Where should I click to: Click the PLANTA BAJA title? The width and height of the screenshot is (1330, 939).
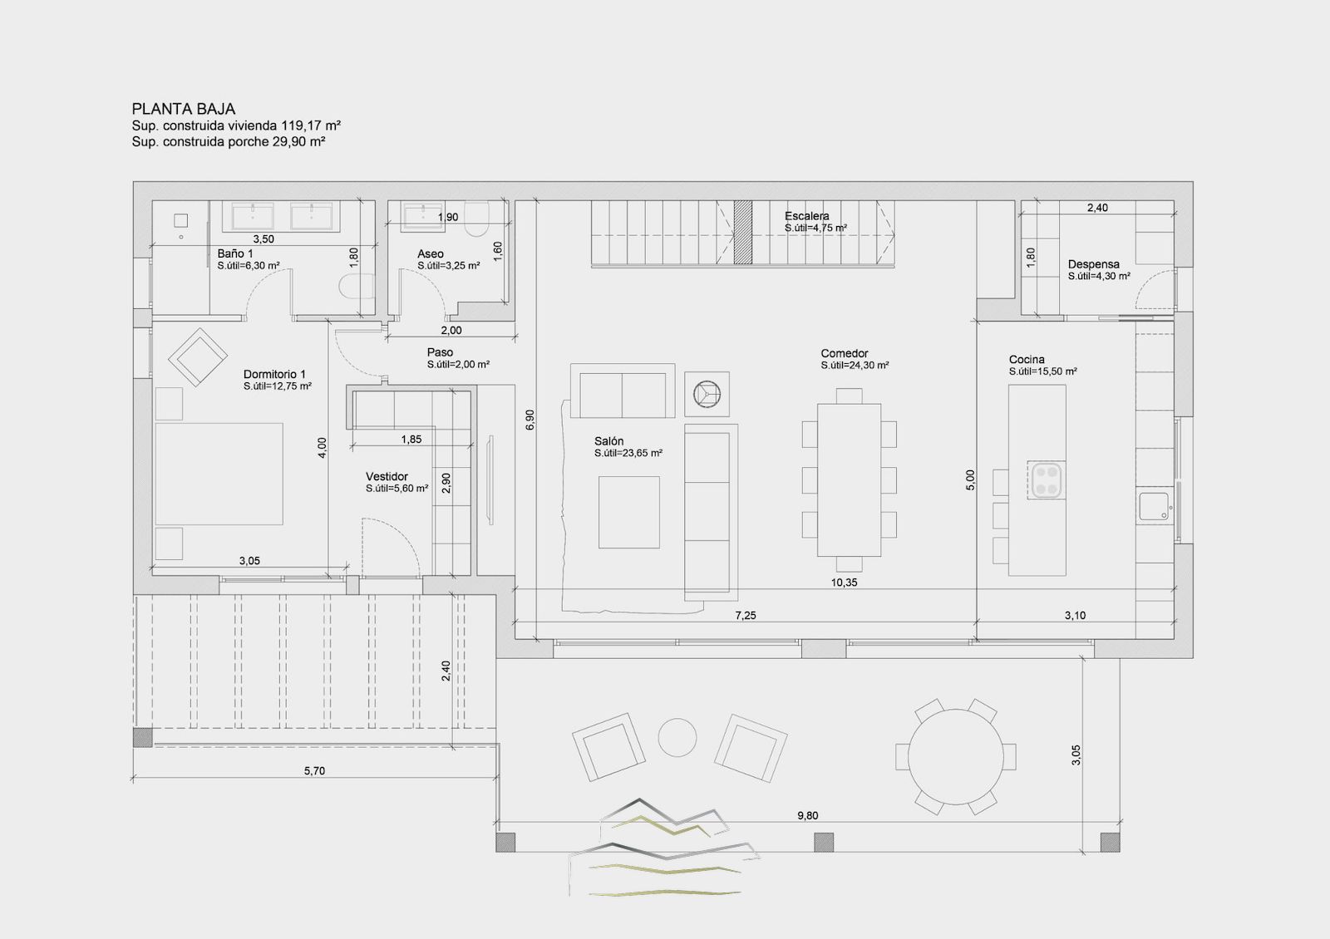(x=184, y=109)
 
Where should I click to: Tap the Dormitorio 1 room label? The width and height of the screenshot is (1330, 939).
(x=274, y=375)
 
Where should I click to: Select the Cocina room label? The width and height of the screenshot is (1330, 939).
(x=1027, y=360)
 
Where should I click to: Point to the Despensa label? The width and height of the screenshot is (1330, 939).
(x=1094, y=265)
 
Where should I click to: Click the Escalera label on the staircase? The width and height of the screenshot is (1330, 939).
(x=807, y=217)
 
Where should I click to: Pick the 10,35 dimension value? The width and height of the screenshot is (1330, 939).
(x=844, y=583)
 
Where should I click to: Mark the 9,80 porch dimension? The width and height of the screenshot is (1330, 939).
(x=807, y=816)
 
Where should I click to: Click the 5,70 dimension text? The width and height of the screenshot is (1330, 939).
(x=315, y=771)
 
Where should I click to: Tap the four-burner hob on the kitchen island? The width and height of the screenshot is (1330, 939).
(x=1047, y=480)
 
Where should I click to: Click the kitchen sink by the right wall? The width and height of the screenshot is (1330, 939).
(x=1154, y=507)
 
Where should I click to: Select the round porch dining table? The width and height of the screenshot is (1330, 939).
(x=956, y=757)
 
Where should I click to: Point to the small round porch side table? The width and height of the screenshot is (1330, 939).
(x=677, y=738)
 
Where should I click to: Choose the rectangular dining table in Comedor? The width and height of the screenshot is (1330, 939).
(x=849, y=479)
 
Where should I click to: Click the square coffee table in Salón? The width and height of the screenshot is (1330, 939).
(x=628, y=512)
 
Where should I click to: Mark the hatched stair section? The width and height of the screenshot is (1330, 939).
(x=743, y=232)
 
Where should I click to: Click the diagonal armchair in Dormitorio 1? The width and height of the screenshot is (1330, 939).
(x=198, y=357)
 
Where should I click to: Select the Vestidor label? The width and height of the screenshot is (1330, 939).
(x=387, y=477)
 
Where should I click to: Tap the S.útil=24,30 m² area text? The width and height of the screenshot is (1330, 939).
(x=855, y=366)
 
